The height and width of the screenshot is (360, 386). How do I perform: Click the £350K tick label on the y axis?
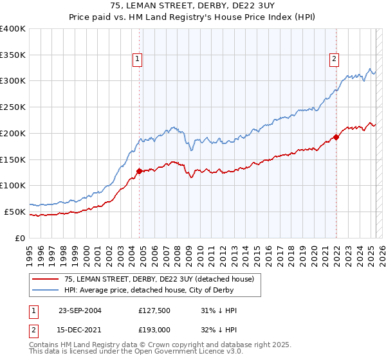coord(13,55)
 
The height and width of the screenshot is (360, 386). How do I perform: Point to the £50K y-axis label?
coord(15,212)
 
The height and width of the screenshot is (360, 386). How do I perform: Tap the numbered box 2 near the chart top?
coord(335,60)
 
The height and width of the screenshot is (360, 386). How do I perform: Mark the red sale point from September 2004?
coord(139,171)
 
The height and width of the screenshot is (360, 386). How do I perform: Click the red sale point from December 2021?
coord(336,137)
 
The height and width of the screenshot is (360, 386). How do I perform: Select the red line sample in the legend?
coord(45,279)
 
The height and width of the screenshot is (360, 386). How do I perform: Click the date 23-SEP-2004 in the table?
coord(80,310)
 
